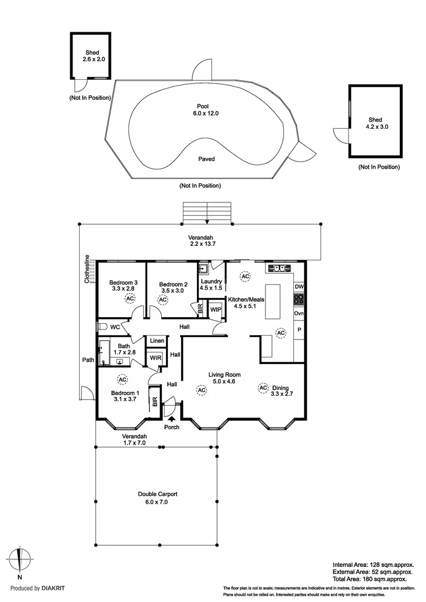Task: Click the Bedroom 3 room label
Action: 123,281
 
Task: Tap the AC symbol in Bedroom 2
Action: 163,300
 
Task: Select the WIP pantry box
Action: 216,310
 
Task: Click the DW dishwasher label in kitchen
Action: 299,287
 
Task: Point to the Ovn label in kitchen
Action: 299,313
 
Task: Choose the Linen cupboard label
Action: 157,341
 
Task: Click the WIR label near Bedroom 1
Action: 154,358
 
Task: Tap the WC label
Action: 115,327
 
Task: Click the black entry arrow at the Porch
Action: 172,417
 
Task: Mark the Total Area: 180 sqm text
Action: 372,579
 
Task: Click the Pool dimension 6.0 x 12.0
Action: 202,113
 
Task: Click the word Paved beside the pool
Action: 206,159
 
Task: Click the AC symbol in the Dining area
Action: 263,387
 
